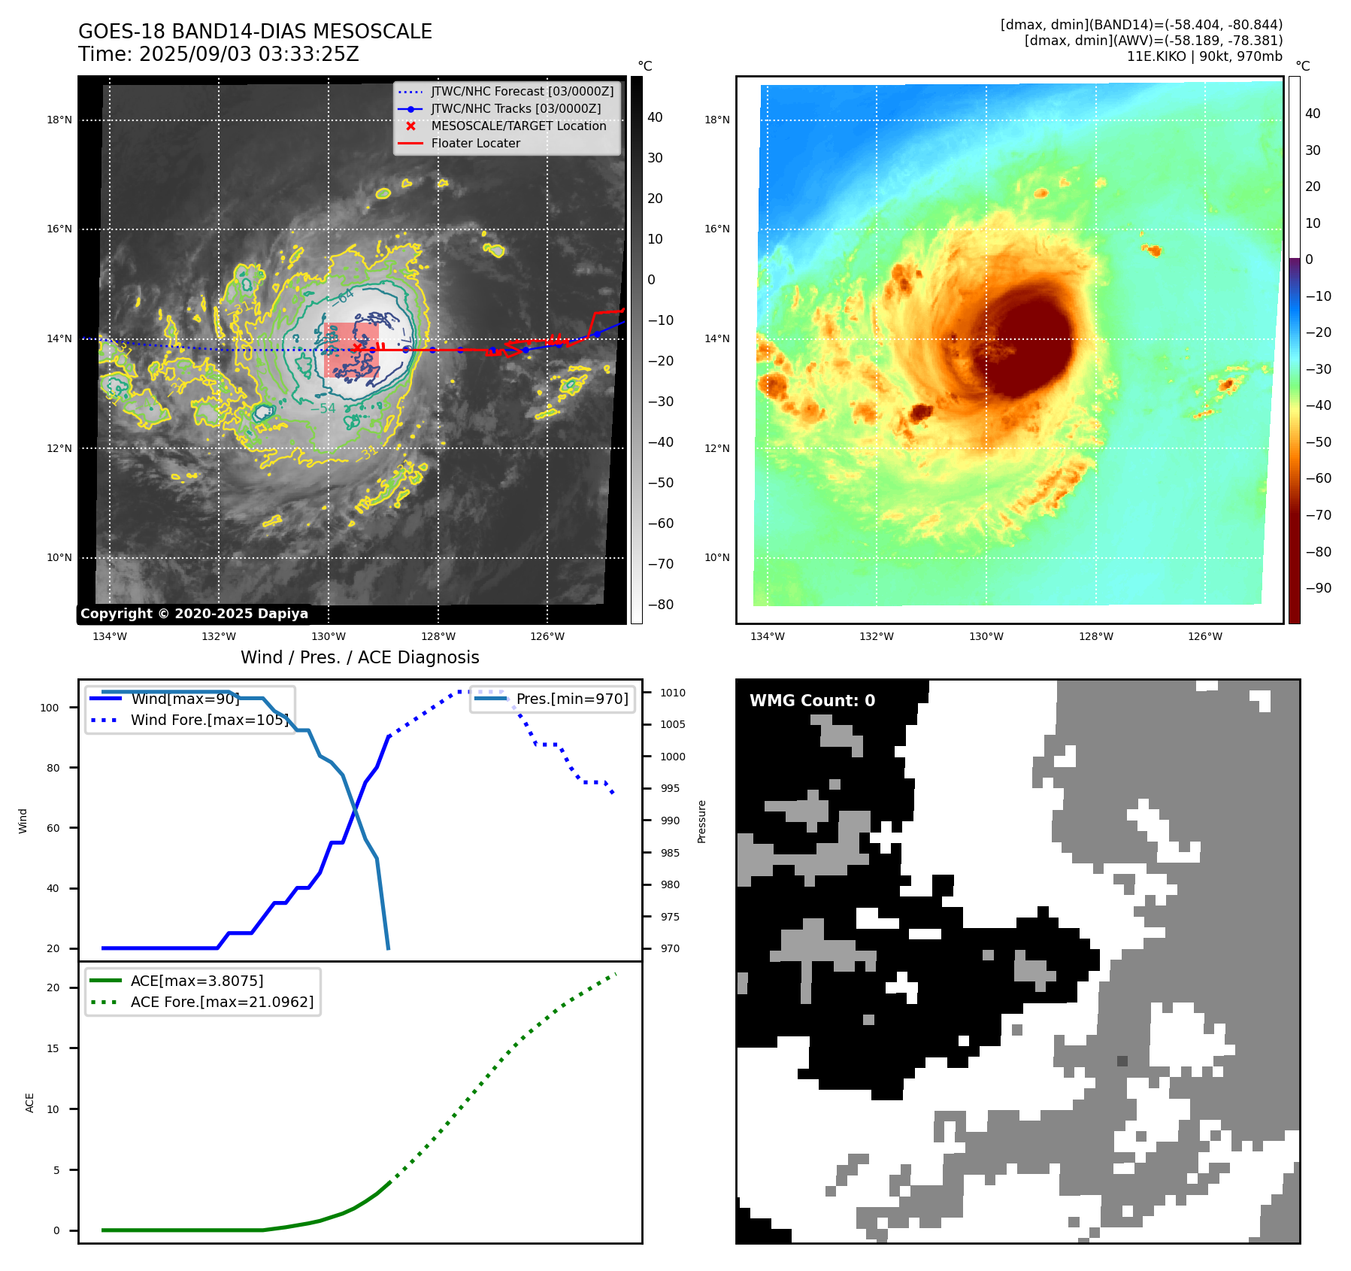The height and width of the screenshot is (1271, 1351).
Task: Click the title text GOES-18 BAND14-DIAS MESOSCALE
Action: tap(255, 32)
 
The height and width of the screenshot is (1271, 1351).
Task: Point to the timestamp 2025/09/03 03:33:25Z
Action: tap(249, 55)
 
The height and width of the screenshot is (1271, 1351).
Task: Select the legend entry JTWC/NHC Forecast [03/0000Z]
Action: tap(522, 92)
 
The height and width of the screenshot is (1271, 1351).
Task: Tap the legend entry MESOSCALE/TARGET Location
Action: tap(518, 126)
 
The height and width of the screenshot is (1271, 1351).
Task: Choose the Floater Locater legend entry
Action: tap(475, 144)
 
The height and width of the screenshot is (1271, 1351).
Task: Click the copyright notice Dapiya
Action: tap(194, 614)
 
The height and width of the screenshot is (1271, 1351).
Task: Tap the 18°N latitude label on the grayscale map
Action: tap(59, 120)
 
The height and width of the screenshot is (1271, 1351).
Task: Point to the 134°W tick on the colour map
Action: tap(767, 637)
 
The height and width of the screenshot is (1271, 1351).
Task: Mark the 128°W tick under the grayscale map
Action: tap(438, 637)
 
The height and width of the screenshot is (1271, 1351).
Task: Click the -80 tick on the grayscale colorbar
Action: tap(661, 605)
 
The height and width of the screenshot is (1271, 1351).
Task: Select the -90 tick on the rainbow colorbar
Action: tap(1318, 588)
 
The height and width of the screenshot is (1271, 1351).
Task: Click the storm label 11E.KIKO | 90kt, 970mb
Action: tap(1204, 56)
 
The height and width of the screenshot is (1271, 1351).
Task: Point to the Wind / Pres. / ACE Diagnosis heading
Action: tap(359, 657)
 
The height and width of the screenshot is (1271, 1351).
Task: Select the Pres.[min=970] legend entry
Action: tap(571, 699)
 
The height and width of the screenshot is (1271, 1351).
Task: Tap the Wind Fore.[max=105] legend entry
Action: tap(209, 720)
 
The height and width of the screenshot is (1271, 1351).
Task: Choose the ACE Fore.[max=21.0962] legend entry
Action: tap(222, 1002)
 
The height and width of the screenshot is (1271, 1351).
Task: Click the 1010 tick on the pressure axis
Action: tap(673, 693)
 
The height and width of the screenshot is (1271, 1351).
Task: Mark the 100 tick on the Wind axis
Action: tap(50, 708)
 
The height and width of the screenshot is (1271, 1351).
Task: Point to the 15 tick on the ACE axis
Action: tap(53, 1048)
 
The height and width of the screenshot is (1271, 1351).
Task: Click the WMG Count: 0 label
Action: tap(812, 701)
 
